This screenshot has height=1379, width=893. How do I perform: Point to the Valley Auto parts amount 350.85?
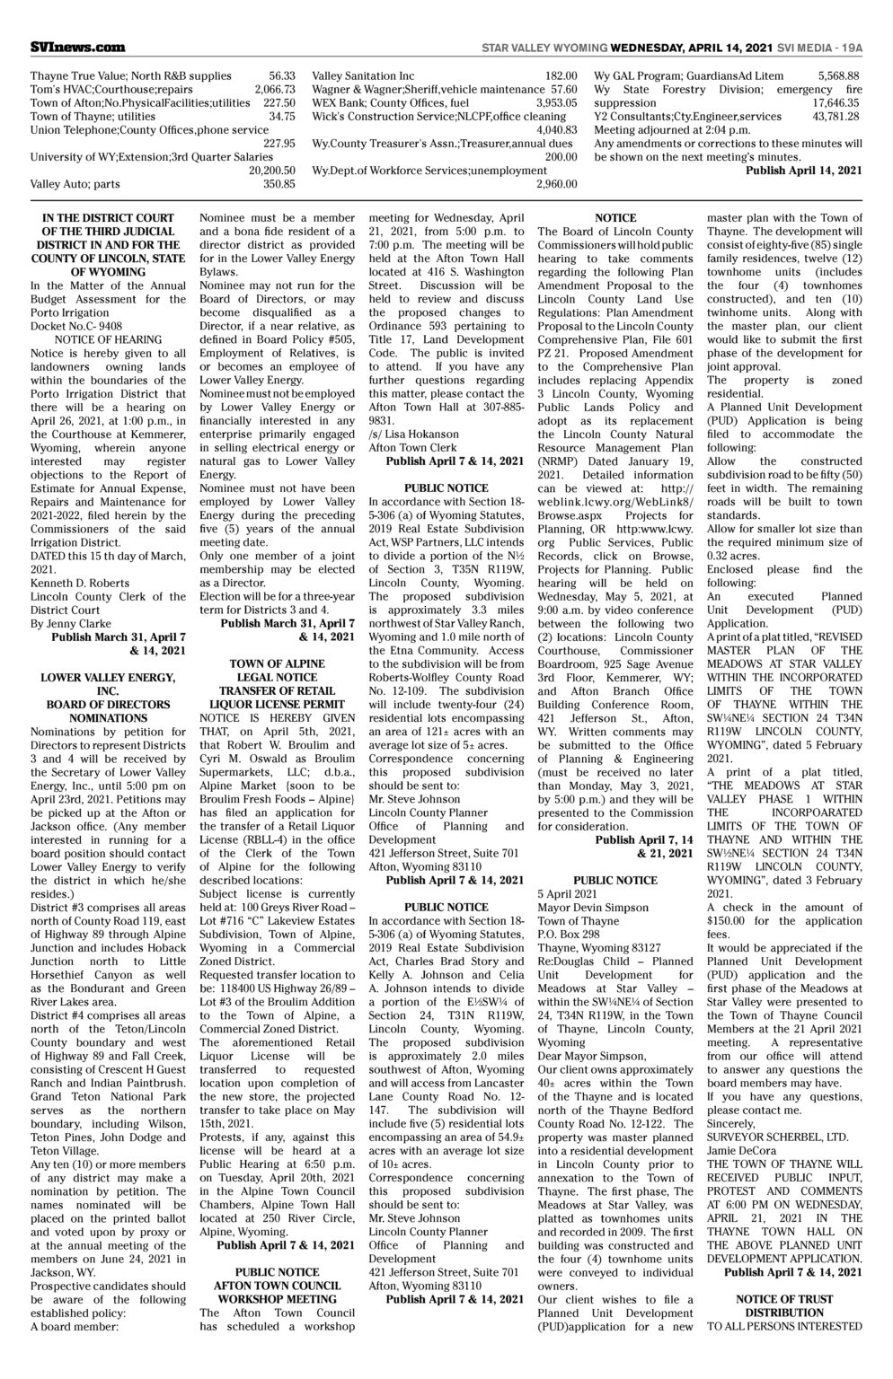pyautogui.click(x=279, y=184)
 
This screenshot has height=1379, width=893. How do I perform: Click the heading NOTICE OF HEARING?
pyautogui.click(x=108, y=339)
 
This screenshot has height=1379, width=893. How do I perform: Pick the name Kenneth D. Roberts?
pyautogui.click(x=74, y=583)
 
